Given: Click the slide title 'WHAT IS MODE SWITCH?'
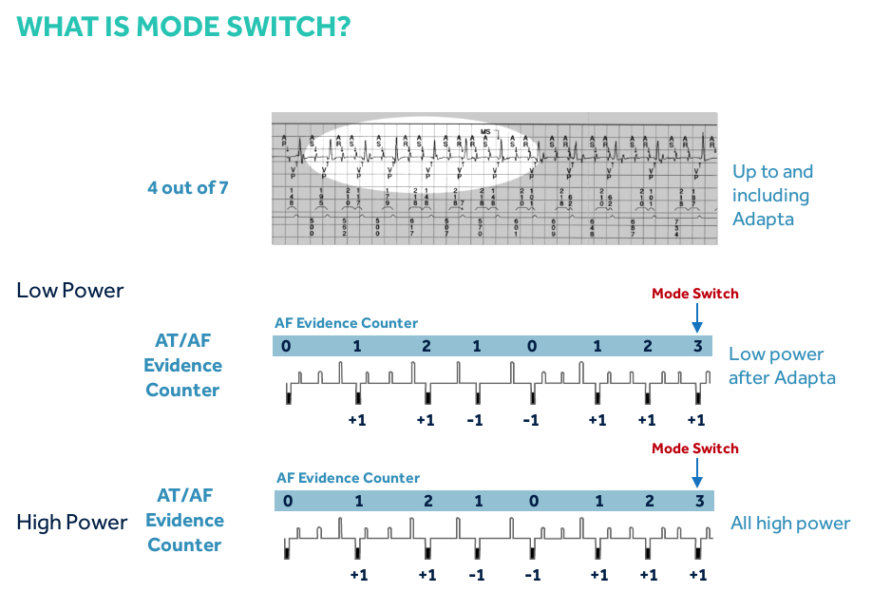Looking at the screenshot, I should pyautogui.click(x=184, y=26).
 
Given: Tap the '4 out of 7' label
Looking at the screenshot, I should pyautogui.click(x=187, y=187).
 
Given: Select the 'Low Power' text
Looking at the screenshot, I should pyautogui.click(x=70, y=290).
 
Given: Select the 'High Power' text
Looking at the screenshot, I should pyautogui.click(x=72, y=522).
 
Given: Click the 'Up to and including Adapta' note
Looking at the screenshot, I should pyautogui.click(x=772, y=195).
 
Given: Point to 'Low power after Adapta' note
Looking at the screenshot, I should pyautogui.click(x=782, y=366).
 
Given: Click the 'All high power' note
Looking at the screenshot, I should pyautogui.click(x=790, y=524).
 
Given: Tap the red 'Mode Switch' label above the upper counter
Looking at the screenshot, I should pyautogui.click(x=694, y=294).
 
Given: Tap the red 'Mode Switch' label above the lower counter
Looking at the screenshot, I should pyautogui.click(x=694, y=449).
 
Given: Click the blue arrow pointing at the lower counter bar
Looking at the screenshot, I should pyautogui.click(x=696, y=472).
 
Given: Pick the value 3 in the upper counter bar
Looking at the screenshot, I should pyautogui.click(x=697, y=346).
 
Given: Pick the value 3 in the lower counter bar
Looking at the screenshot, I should pyautogui.click(x=698, y=501).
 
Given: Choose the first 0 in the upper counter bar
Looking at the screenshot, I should pyautogui.click(x=287, y=346).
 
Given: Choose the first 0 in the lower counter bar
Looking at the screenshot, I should pyautogui.click(x=287, y=501).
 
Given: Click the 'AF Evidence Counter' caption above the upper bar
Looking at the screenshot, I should pyautogui.click(x=346, y=323).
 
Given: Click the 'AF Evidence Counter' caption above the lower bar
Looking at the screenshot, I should pyautogui.click(x=348, y=478).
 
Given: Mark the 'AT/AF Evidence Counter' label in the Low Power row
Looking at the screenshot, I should pyautogui.click(x=183, y=365).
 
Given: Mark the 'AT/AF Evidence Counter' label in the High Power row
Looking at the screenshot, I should pyautogui.click(x=184, y=520).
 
